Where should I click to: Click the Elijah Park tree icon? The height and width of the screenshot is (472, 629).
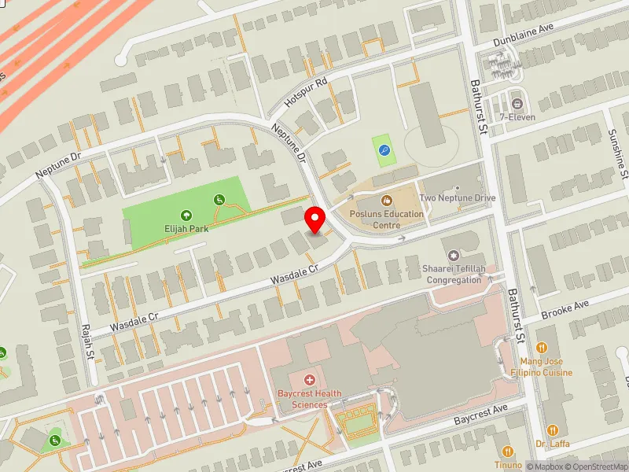tap(186, 214)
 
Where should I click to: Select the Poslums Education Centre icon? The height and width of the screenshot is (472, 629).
tap(386, 201)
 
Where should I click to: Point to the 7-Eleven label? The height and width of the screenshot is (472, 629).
tap(517, 117)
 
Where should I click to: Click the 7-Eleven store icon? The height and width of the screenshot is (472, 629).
tap(517, 103)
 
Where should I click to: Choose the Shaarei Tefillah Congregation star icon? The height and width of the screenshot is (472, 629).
tap(453, 255)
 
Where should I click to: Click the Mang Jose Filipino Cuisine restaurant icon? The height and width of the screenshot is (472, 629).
tap(542, 347)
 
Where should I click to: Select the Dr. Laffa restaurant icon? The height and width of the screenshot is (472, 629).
tap(552, 430)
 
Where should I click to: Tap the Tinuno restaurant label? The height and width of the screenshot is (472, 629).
tap(508, 465)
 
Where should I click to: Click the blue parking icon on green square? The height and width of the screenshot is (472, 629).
tap(384, 150)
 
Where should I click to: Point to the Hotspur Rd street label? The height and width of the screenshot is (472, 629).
tap(306, 93)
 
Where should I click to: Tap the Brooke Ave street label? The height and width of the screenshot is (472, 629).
tap(565, 309)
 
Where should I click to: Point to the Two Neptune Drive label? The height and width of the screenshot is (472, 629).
tap(458, 198)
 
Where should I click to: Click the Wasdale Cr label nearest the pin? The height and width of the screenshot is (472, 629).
tap(294, 273)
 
